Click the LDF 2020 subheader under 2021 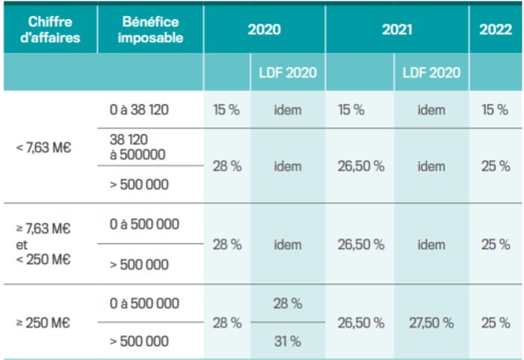click(432, 71)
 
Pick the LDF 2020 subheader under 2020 click(287, 71)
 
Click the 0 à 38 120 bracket click(139, 110)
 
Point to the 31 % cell click(287, 340)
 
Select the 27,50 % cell click(432, 322)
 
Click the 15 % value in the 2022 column click(495, 110)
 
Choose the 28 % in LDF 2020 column click(287, 304)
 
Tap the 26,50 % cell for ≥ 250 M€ click(361, 322)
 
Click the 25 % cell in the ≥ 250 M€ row click(495, 322)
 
